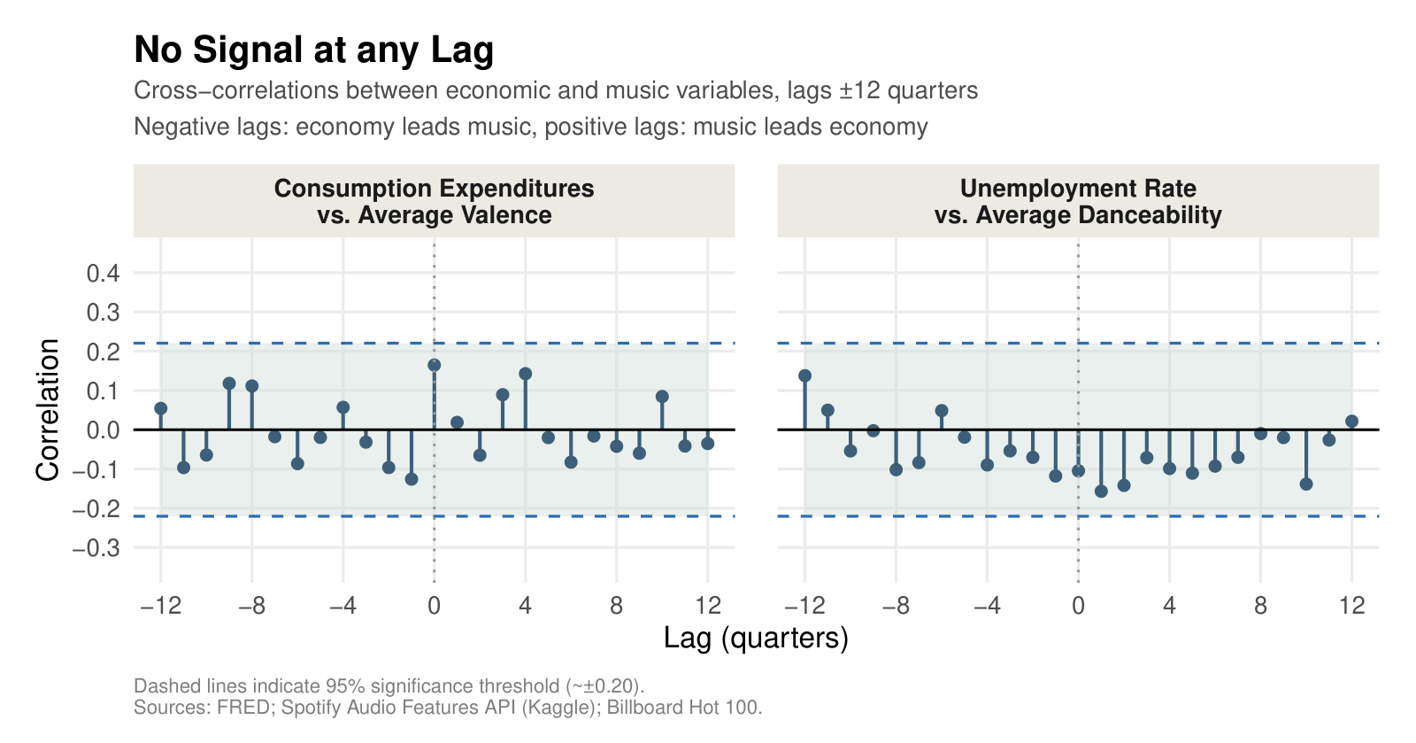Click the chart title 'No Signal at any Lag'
pos(313,50)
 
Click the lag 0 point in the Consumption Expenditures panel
pos(434,365)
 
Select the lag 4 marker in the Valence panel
pos(525,374)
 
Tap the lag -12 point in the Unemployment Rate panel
pos(804,375)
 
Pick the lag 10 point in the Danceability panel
pos(1306,484)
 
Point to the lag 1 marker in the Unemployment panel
pos(1101,491)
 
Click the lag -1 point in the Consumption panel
pos(412,479)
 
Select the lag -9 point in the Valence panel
pos(229,383)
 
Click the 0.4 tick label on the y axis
pos(103,273)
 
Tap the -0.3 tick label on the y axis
pos(96,548)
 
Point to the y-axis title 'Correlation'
pos(48,410)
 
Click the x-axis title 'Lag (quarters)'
pos(756,639)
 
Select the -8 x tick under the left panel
pos(251,607)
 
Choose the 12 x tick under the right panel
pos(1351,607)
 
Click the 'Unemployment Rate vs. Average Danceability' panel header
pos(1078,202)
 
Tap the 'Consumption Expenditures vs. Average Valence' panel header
pos(434,202)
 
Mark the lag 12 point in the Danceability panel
pos(1351,422)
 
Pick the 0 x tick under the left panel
pos(434,607)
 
